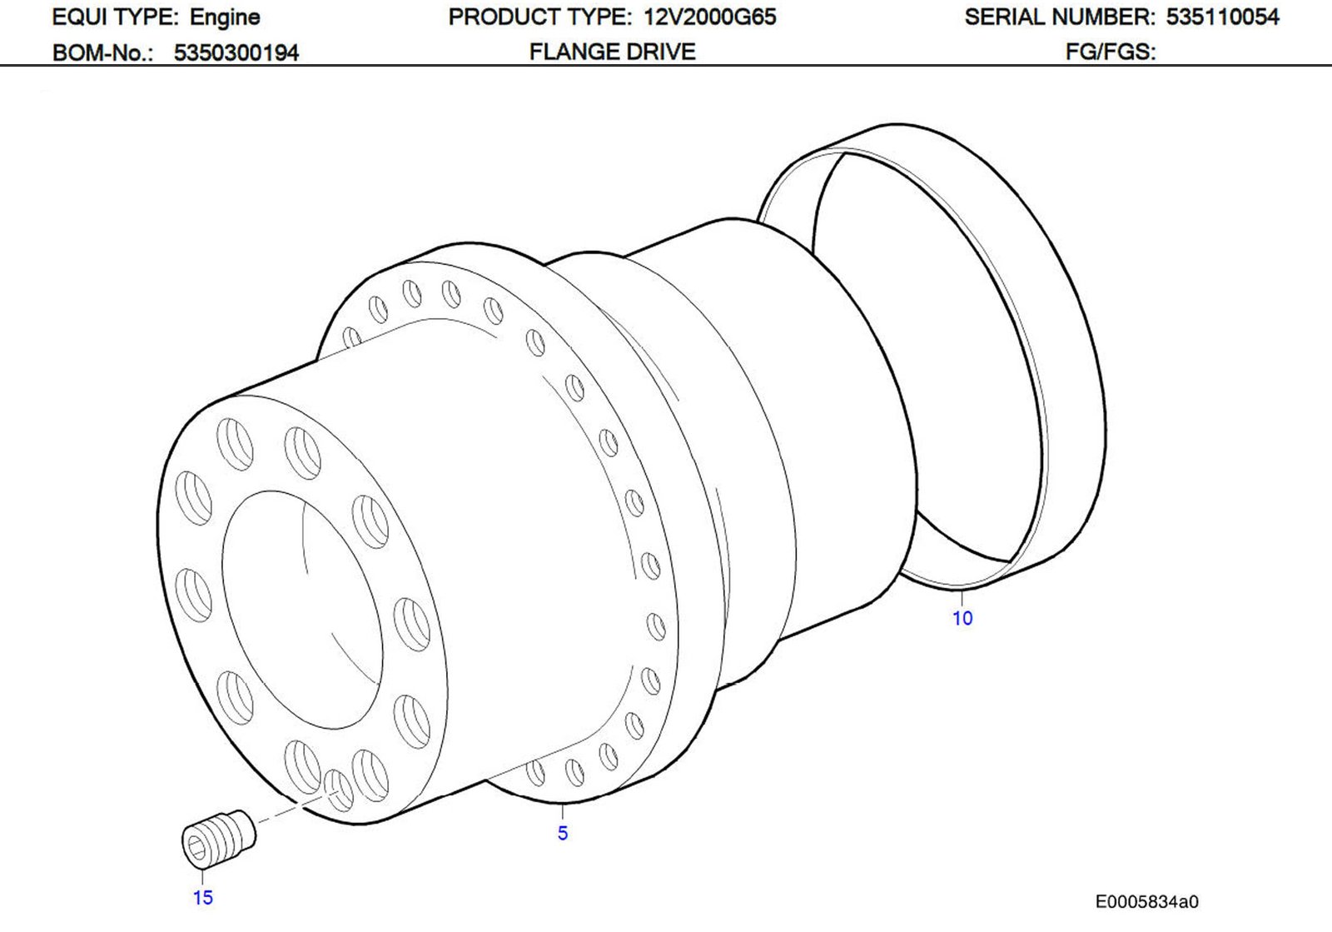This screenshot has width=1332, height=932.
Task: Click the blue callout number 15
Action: (x=203, y=897)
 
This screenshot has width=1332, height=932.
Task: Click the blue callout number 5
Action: (x=563, y=833)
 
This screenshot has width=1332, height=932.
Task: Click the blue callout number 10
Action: (x=962, y=618)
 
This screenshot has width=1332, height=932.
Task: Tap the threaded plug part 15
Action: (x=218, y=840)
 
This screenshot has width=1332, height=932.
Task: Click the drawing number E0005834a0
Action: (x=1146, y=901)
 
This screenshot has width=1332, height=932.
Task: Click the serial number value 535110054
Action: (x=1222, y=17)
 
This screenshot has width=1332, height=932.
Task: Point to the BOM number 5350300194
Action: (x=236, y=52)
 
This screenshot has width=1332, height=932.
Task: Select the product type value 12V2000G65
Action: (x=709, y=17)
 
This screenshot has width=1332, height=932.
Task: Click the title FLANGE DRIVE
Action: (x=612, y=52)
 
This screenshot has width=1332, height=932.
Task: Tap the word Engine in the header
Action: (x=225, y=17)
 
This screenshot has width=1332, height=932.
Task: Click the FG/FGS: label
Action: (x=1111, y=52)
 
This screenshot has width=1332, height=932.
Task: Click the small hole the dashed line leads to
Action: (x=338, y=789)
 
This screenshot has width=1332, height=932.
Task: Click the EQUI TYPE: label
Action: (x=115, y=17)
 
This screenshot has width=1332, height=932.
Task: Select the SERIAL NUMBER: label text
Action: (x=1059, y=17)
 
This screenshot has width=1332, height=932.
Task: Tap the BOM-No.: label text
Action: (x=102, y=52)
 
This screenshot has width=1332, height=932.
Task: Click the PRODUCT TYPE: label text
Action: (x=539, y=17)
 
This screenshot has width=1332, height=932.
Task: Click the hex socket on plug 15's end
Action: (x=197, y=848)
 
